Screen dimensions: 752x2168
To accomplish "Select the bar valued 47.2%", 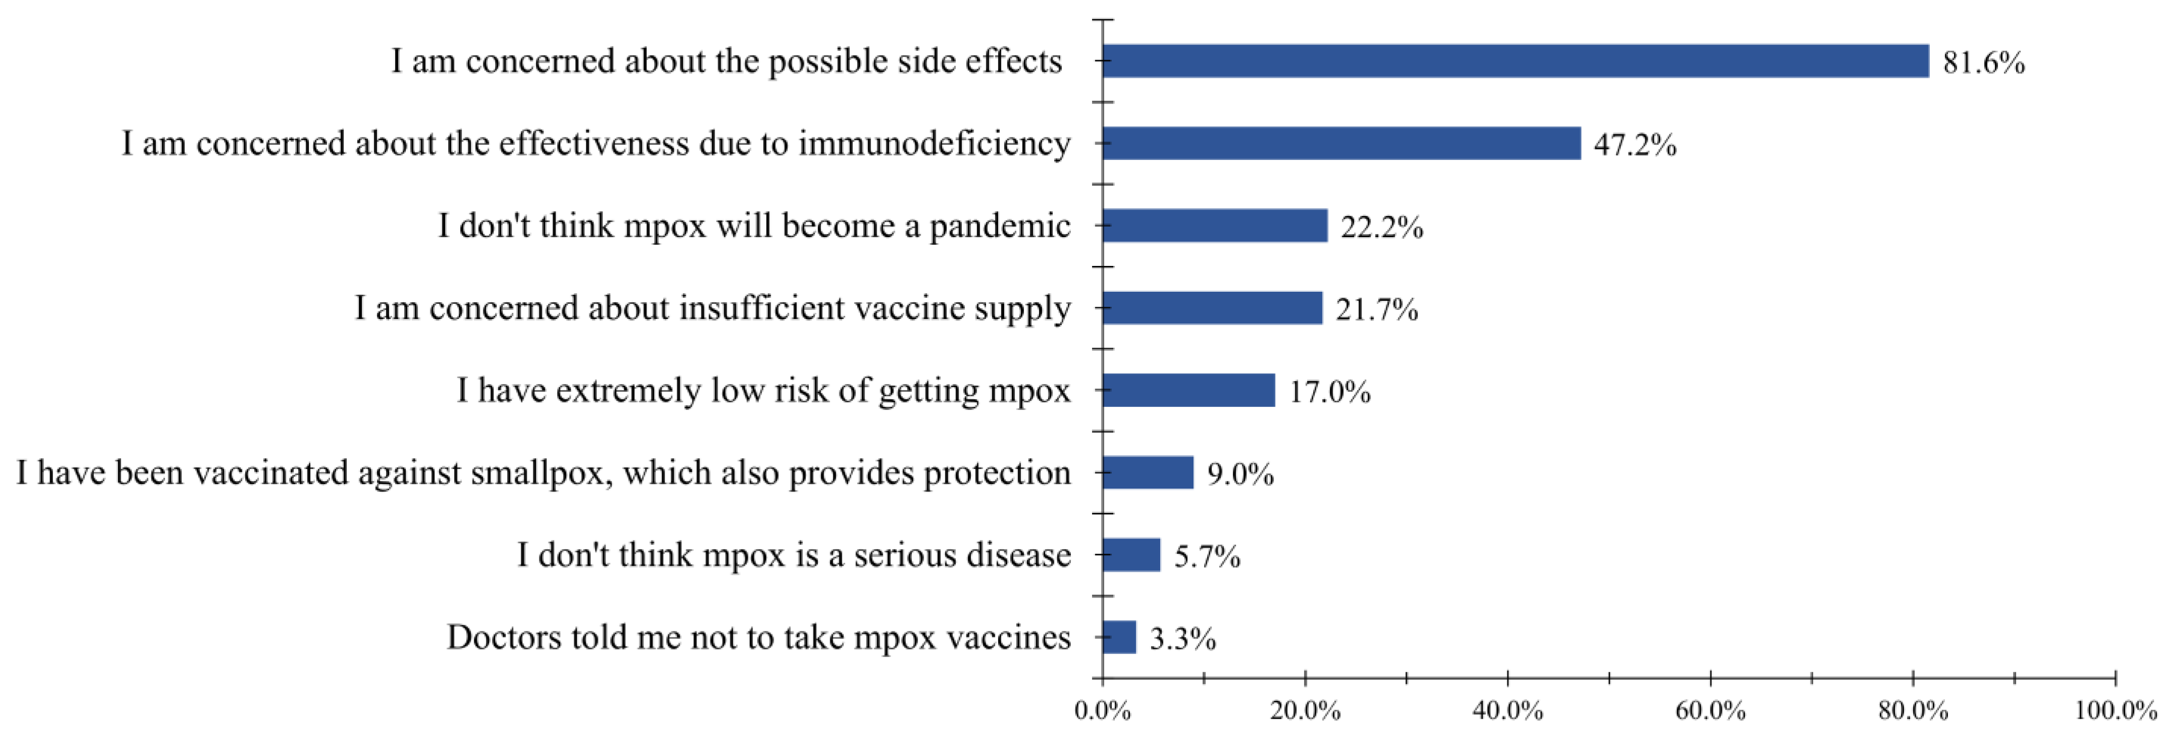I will coord(1341,143).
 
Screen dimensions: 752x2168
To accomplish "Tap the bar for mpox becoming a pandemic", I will coord(1214,226).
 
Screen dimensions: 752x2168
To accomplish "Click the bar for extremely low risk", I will coord(1188,390).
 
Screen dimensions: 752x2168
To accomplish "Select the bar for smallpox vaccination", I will coord(1147,472).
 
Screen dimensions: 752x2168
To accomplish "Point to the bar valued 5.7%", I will coord(1131,555).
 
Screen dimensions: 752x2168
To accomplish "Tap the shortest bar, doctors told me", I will coord(1118,637).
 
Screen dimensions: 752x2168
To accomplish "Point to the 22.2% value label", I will coord(1381,228).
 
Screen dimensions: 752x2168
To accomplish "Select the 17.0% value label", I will coord(1330,393).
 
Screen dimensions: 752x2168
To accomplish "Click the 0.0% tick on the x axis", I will coord(1103,712).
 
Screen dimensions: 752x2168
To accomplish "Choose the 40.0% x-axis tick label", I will coord(1507,712).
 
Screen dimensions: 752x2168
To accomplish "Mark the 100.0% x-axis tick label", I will coord(2115,712).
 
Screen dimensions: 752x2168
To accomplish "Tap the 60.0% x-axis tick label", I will coord(1710,712).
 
